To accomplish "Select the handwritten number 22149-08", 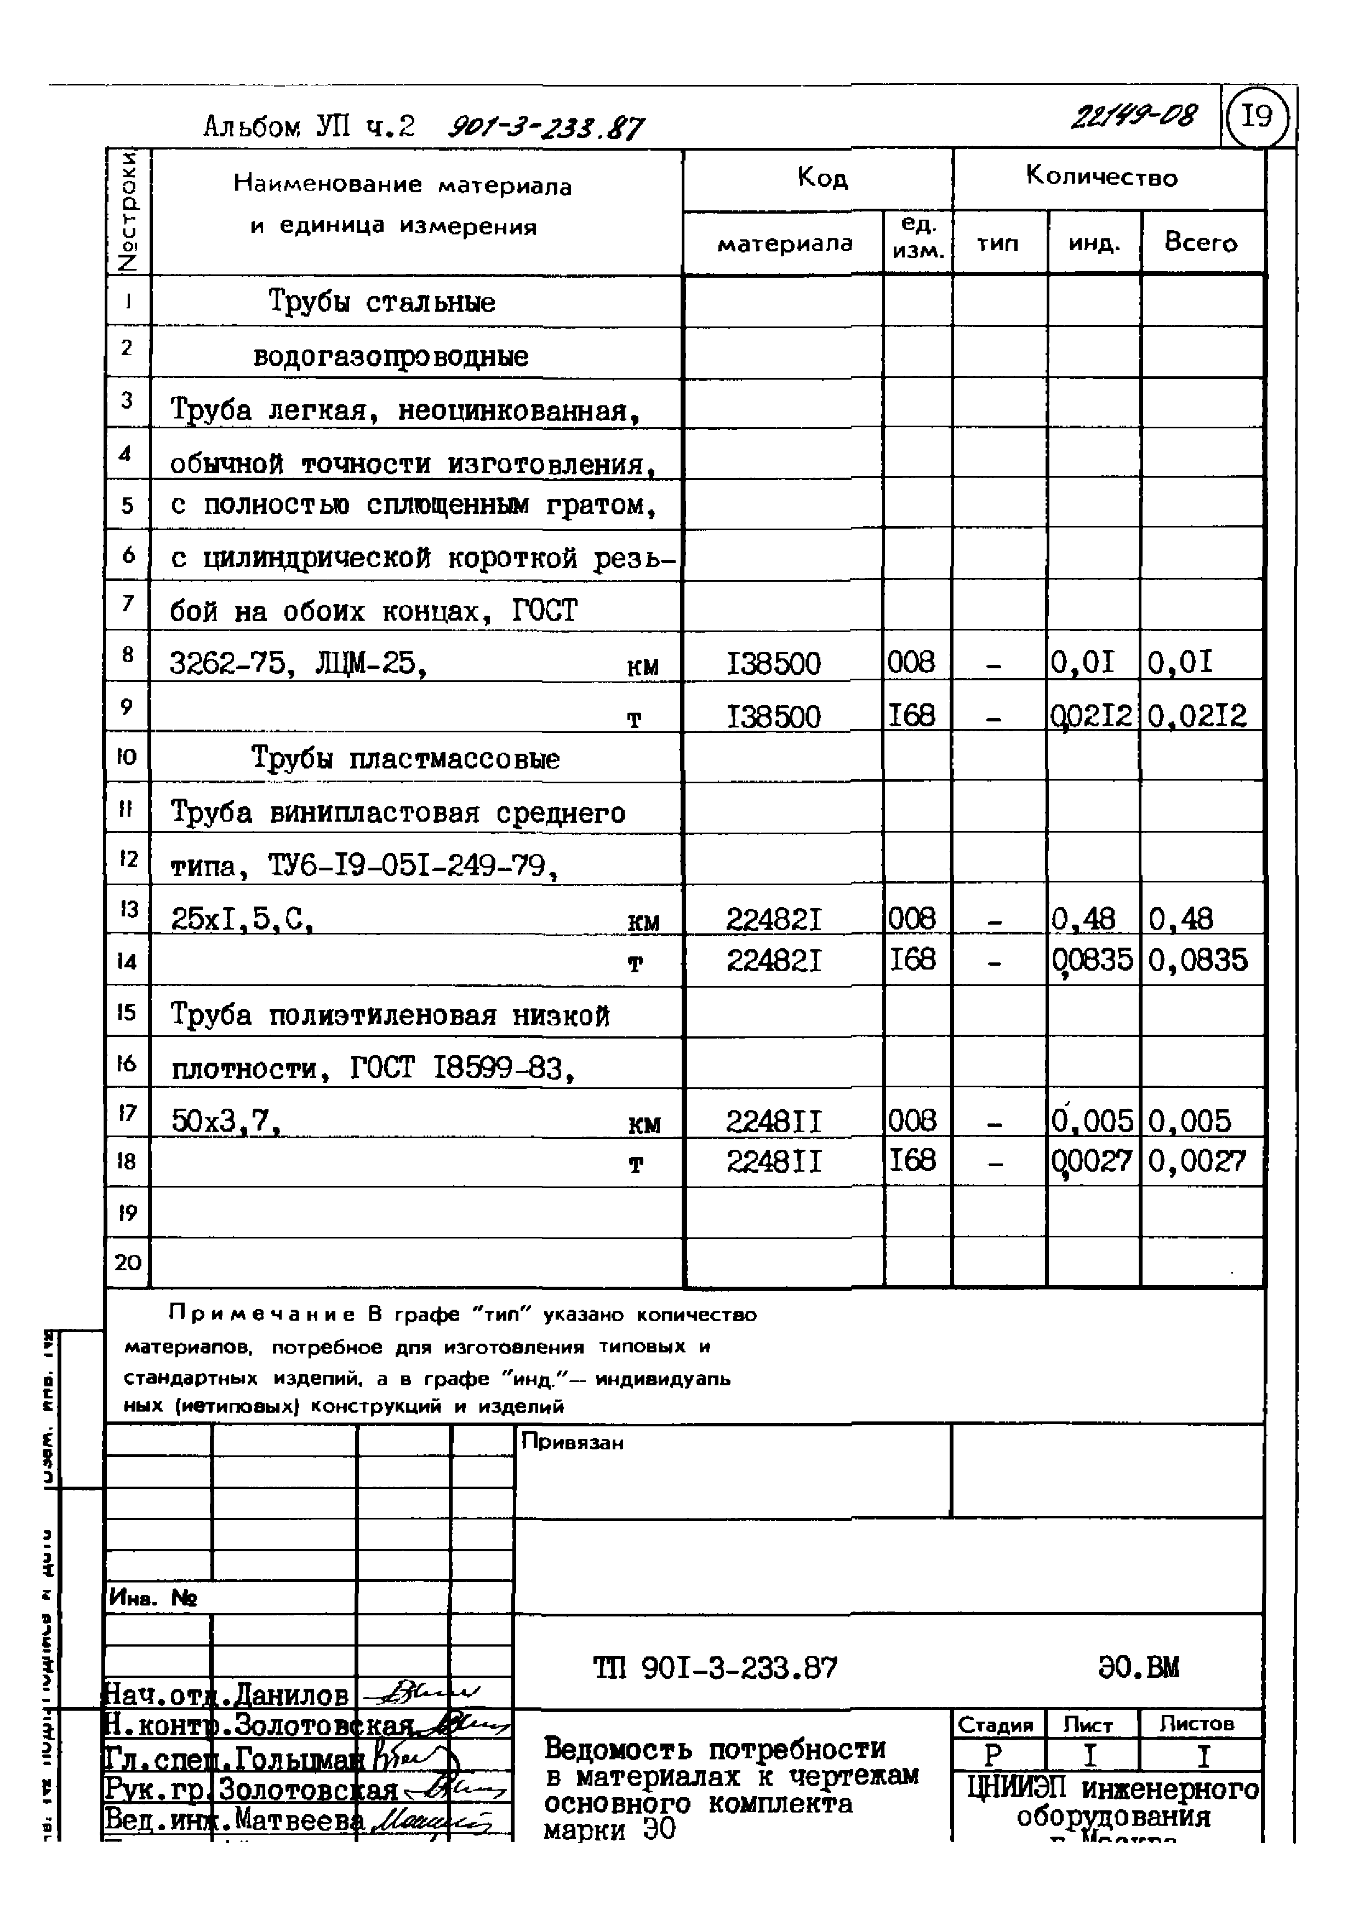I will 1134,116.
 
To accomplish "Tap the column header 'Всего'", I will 1200,243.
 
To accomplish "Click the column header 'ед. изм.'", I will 918,237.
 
